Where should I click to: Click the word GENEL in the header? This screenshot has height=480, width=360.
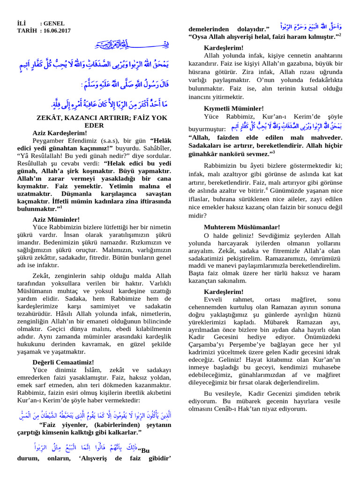coord(54,23)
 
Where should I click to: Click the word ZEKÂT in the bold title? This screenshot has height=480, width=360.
coord(51,118)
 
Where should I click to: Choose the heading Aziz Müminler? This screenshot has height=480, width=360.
coord(56,219)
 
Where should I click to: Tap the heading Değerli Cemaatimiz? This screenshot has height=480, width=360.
coord(63,362)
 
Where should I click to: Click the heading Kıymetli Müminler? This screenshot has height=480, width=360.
coord(234,108)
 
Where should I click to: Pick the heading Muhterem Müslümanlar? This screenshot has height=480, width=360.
coord(242,227)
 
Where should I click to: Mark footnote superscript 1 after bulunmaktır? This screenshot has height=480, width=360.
coord(61,206)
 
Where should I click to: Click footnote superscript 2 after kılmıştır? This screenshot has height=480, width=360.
coord(340,35)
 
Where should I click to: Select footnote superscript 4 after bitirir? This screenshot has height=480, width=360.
coord(267,188)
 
